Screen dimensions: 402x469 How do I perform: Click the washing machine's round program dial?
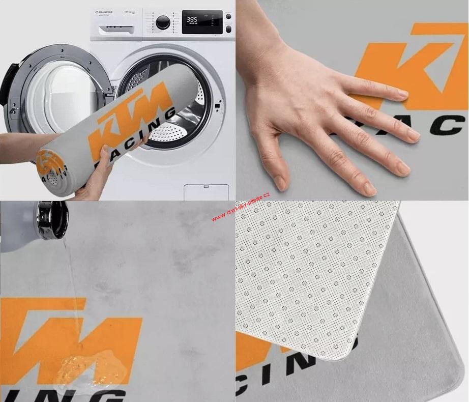(163, 22)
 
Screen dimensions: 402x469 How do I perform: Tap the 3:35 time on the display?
(192, 20)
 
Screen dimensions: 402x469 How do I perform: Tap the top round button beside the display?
(228, 16)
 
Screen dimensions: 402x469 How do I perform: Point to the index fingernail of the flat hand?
(402, 94)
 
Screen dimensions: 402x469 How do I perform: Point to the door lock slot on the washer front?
(218, 105)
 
